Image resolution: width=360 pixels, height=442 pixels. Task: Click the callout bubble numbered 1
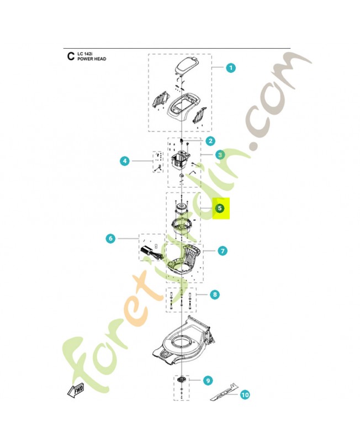(x=231, y=67)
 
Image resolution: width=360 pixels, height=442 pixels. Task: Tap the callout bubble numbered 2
(x=210, y=142)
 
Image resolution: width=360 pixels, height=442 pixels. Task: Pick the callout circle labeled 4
(x=125, y=161)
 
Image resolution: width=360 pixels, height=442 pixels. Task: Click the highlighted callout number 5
(x=220, y=208)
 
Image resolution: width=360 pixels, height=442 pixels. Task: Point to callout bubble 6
(x=110, y=239)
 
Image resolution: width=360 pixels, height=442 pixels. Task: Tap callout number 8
(x=214, y=294)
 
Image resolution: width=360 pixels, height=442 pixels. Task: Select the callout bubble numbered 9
(x=208, y=380)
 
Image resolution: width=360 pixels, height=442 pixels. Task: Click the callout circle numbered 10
(x=245, y=394)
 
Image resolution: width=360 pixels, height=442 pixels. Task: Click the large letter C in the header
(x=70, y=56)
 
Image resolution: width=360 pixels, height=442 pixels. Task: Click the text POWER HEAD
(x=91, y=58)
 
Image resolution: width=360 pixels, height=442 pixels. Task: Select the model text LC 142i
(x=85, y=53)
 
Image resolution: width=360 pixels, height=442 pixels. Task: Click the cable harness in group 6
(x=150, y=253)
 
